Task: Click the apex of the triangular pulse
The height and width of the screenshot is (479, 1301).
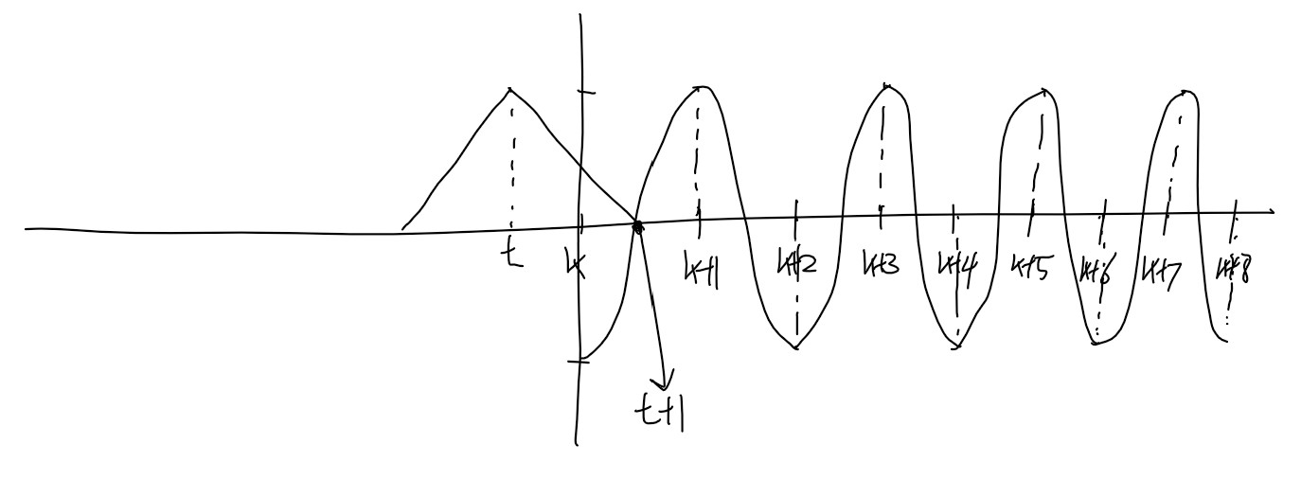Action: [511, 90]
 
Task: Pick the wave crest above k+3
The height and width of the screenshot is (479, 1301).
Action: [887, 86]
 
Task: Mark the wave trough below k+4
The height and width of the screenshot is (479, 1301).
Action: [957, 346]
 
